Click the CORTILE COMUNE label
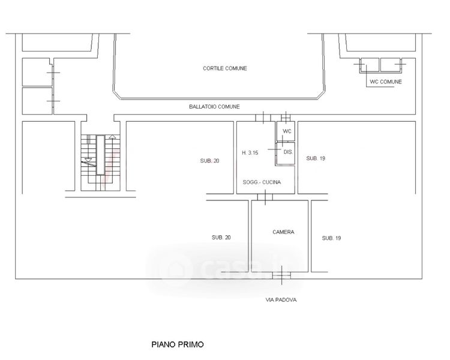click(x=225, y=68)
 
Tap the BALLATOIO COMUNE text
click(x=214, y=107)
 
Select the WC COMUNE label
click(x=386, y=82)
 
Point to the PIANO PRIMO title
click(x=178, y=344)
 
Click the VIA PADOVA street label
click(x=281, y=300)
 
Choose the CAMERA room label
click(x=283, y=232)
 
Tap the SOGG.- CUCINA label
click(x=262, y=182)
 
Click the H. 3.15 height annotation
click(x=250, y=153)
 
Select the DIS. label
click(x=288, y=152)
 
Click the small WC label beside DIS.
click(x=287, y=131)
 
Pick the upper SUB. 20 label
click(x=209, y=161)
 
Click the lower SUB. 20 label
click(x=221, y=238)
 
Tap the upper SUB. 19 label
click(x=316, y=158)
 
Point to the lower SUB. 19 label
click(x=331, y=238)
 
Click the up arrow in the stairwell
click(x=113, y=137)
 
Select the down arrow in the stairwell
click(x=88, y=160)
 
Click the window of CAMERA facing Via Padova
click(x=281, y=275)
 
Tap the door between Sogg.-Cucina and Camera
click(x=265, y=197)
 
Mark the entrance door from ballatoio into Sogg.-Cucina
click(x=263, y=118)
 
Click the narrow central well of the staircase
click(x=100, y=155)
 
